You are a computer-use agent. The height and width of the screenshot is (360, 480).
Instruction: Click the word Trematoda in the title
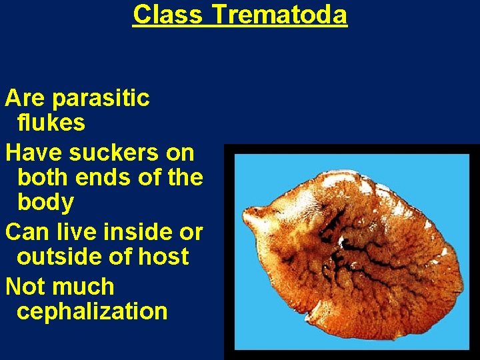tap(279, 14)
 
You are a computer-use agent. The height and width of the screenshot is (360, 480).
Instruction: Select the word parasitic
tap(101, 99)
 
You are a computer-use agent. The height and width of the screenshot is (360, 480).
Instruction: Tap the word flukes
tap(51, 123)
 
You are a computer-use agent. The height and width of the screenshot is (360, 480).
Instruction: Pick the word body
tap(45, 201)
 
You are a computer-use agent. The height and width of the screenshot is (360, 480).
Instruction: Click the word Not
tap(24, 287)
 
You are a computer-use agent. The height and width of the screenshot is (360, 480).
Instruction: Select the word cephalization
tap(92, 311)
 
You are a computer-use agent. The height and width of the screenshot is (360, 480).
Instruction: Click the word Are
tap(25, 99)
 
